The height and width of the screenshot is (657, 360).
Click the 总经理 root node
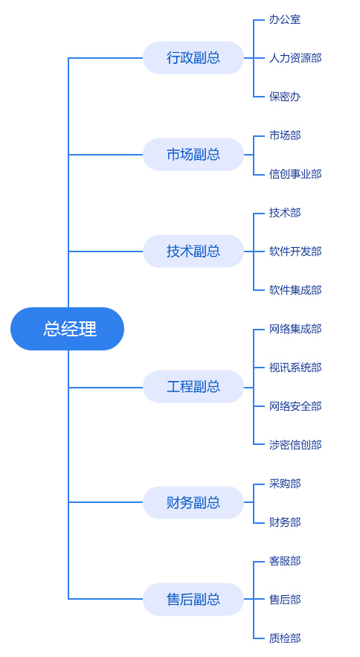pos(67,329)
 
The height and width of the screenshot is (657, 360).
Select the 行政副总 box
pos(193,58)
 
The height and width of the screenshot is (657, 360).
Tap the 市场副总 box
pos(193,155)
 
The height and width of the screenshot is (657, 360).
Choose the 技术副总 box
pos(193,251)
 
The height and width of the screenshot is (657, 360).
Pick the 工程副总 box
pos(193,387)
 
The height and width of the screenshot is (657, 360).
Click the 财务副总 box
pos(193,502)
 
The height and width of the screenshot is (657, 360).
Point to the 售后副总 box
pos(193,599)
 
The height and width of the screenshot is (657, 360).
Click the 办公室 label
pos(285,19)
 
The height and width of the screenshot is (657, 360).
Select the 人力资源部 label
pos(295,58)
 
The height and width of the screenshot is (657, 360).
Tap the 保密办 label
pos(285,97)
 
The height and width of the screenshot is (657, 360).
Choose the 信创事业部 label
pos(295,174)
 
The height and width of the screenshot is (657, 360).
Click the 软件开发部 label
pos(295,251)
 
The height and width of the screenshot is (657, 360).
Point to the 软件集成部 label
pos(295,290)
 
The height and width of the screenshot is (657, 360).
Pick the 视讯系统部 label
pos(295,368)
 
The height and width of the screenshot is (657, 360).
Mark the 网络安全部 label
pos(295,406)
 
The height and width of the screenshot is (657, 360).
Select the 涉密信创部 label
pos(295,444)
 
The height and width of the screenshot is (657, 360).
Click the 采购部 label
pos(285,484)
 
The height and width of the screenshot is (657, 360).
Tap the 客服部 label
pos(285,560)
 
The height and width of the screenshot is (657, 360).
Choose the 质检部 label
pos(285,638)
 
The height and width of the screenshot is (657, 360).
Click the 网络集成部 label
pos(295,329)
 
